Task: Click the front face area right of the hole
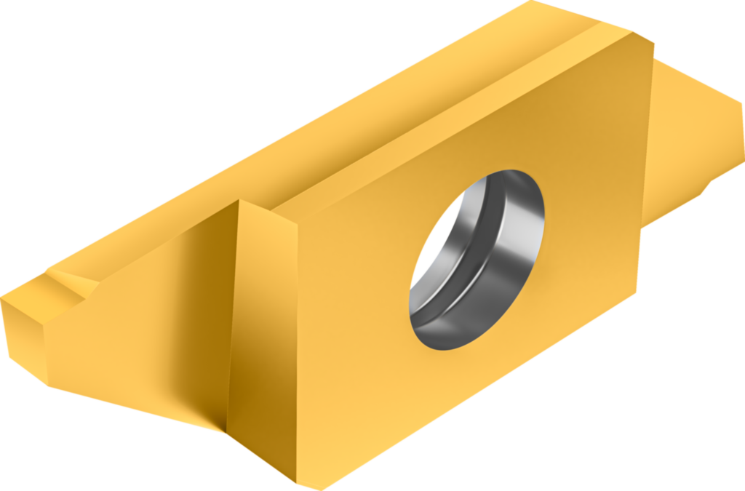click(x=589, y=218)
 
